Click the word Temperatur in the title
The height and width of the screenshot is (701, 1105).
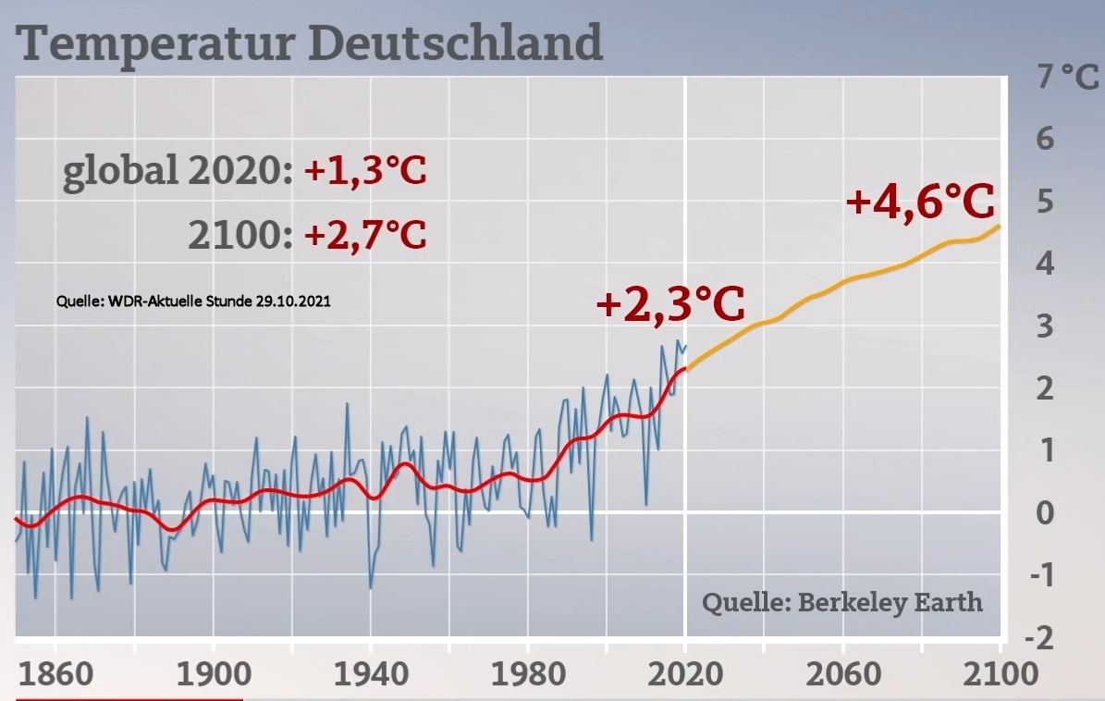(x=155, y=43)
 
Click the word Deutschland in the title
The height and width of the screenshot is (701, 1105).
(x=455, y=43)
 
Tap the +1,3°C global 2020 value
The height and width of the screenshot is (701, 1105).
(x=365, y=170)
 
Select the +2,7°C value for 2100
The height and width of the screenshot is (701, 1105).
(x=365, y=234)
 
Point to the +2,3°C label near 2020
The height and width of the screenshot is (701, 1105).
(x=670, y=303)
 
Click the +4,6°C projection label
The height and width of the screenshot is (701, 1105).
(x=920, y=201)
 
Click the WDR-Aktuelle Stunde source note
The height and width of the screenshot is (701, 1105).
(x=193, y=301)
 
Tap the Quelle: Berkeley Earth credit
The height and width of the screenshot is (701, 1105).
(x=842, y=603)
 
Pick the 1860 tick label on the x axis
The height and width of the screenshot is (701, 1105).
(x=55, y=674)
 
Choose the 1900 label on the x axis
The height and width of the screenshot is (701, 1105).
(x=214, y=674)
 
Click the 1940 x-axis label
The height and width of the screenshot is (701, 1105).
(x=371, y=674)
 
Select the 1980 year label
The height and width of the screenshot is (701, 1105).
(x=528, y=674)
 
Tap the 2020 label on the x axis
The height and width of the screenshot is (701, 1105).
(x=685, y=674)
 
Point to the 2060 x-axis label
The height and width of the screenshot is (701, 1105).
(x=842, y=674)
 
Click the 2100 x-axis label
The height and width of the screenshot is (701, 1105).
(x=1001, y=674)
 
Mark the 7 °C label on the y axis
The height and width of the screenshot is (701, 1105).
(x=1067, y=76)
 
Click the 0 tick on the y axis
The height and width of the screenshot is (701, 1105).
(x=1045, y=513)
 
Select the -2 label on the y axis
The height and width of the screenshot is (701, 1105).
(x=1038, y=637)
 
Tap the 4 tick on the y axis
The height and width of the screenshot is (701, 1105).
(x=1045, y=264)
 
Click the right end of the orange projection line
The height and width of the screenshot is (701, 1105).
(x=1000, y=227)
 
